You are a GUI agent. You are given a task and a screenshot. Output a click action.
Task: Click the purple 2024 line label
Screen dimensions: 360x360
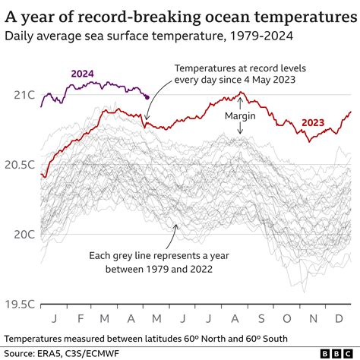pyautogui.click(x=82, y=73)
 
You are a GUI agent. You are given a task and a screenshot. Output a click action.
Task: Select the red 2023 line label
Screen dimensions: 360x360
pyautogui.click(x=315, y=122)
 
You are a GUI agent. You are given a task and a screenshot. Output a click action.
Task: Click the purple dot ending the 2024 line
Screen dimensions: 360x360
pyautogui.click(x=147, y=96)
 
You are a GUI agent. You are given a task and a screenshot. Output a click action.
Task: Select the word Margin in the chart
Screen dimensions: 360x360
pyautogui.click(x=240, y=116)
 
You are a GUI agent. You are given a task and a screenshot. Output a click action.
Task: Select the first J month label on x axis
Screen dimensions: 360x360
pyautogui.click(x=55, y=317)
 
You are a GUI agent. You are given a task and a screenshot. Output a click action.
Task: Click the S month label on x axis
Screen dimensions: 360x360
pyautogui.click(x=261, y=317)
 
